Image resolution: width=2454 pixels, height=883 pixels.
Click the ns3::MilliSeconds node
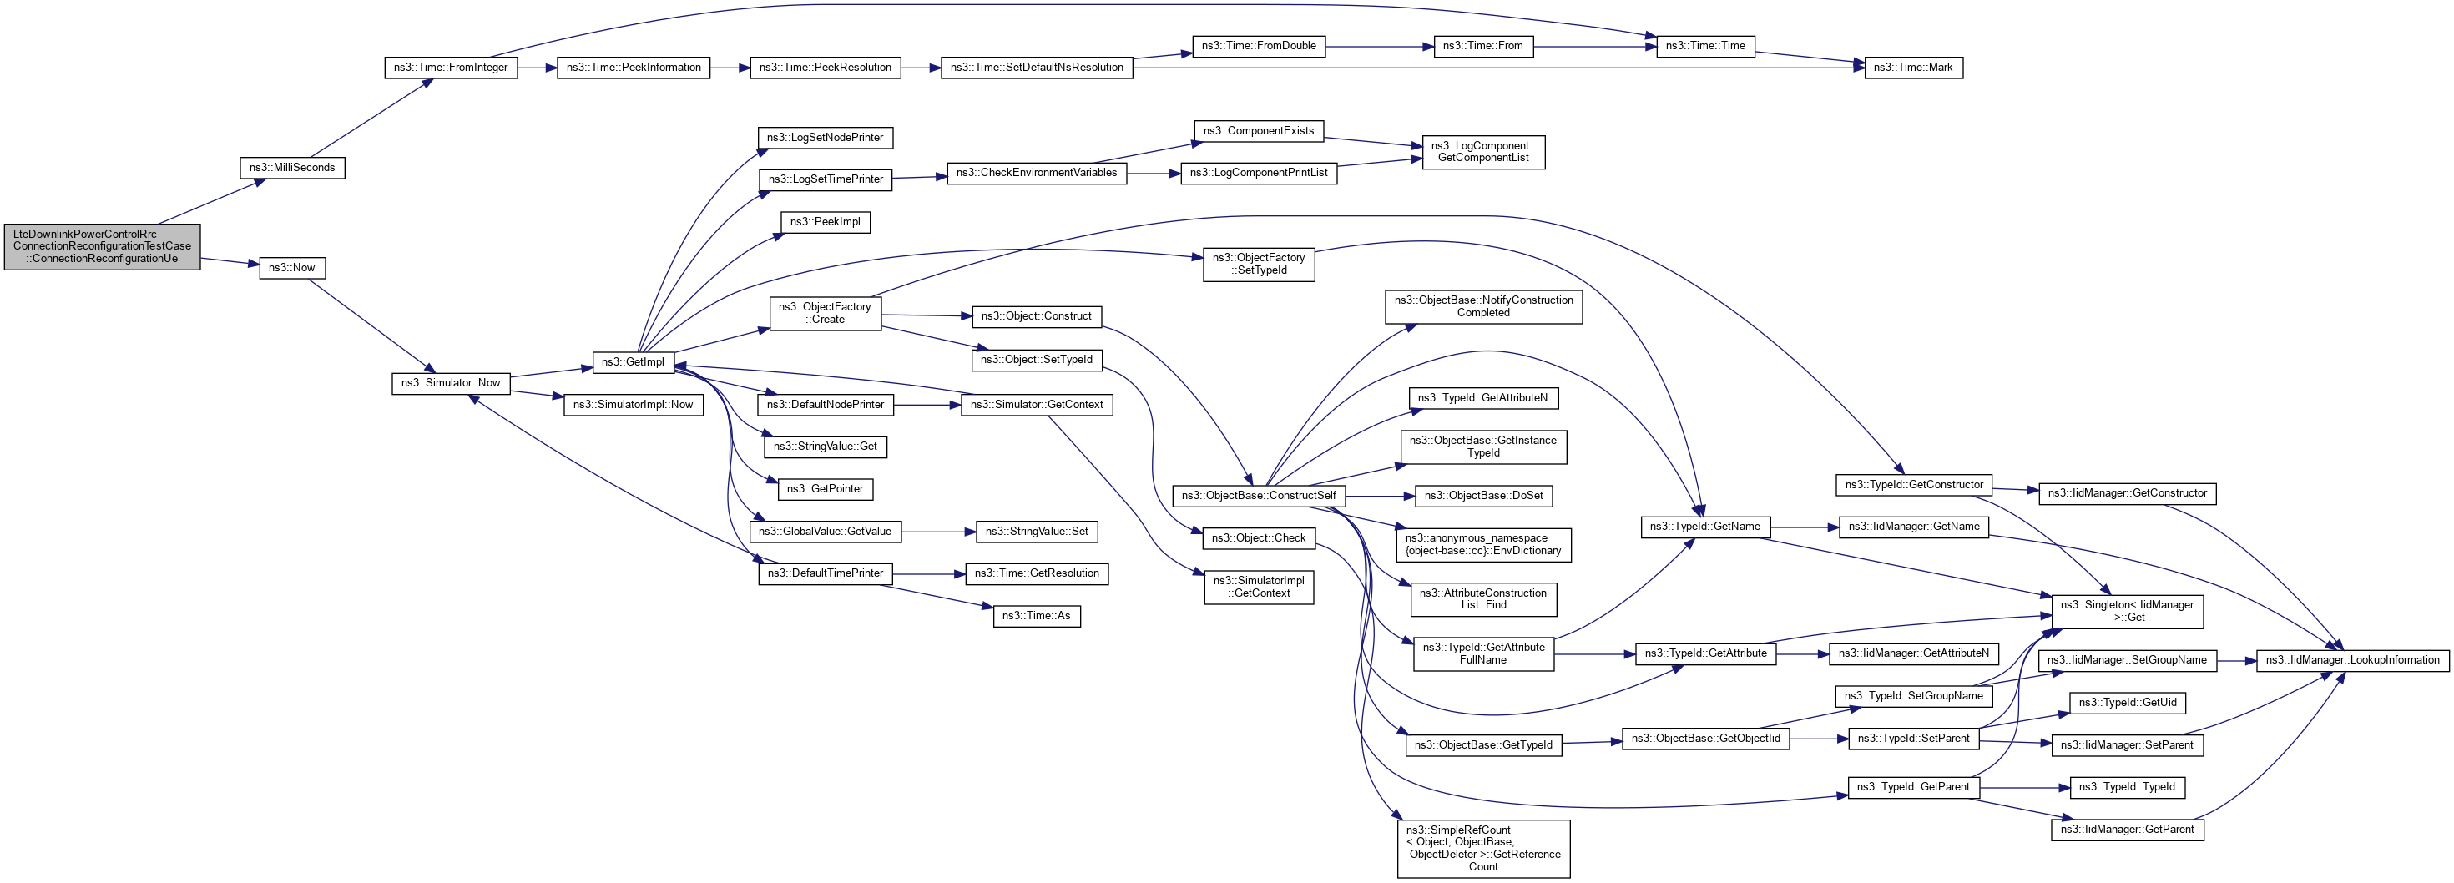pyautogui.click(x=291, y=168)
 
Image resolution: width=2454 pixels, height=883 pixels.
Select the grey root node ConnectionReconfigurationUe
pyautogui.click(x=102, y=245)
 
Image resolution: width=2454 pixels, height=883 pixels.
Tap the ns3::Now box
pyautogui.click(x=291, y=268)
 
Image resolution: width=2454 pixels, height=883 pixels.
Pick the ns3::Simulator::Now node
pyautogui.click(x=451, y=383)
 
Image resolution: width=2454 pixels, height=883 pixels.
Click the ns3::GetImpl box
pyautogui.click(x=633, y=362)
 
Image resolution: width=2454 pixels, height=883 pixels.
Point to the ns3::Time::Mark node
pyautogui.click(x=1912, y=68)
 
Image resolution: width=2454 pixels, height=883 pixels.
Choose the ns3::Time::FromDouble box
pyautogui.click(x=1258, y=46)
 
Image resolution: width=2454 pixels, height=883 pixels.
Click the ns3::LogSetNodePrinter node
pyautogui.click(x=825, y=137)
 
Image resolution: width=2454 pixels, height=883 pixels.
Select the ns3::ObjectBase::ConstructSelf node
pyautogui.click(x=1259, y=495)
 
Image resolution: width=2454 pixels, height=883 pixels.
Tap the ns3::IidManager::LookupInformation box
pyautogui.click(x=2351, y=660)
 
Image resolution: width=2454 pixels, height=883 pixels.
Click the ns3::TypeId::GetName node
pyautogui.click(x=1704, y=527)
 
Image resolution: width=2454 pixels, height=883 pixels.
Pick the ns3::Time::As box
pyautogui.click(x=1036, y=616)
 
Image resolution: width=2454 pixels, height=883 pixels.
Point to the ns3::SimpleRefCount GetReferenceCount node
pyautogui.click(x=1482, y=848)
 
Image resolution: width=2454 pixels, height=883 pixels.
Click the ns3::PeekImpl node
pyautogui.click(x=825, y=222)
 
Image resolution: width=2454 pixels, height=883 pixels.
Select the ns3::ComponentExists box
pyautogui.click(x=1258, y=130)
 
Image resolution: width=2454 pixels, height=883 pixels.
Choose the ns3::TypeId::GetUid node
pyautogui.click(x=2128, y=703)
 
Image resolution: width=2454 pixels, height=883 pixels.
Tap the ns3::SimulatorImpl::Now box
pyautogui.click(x=633, y=405)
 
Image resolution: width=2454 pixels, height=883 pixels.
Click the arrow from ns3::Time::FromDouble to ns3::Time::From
pyautogui.click(x=1378, y=46)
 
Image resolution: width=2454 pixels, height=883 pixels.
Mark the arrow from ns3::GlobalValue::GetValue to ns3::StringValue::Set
pyautogui.click(x=937, y=532)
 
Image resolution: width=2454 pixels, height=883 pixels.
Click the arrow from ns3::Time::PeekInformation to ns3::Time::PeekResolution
pyautogui.click(x=730, y=68)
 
